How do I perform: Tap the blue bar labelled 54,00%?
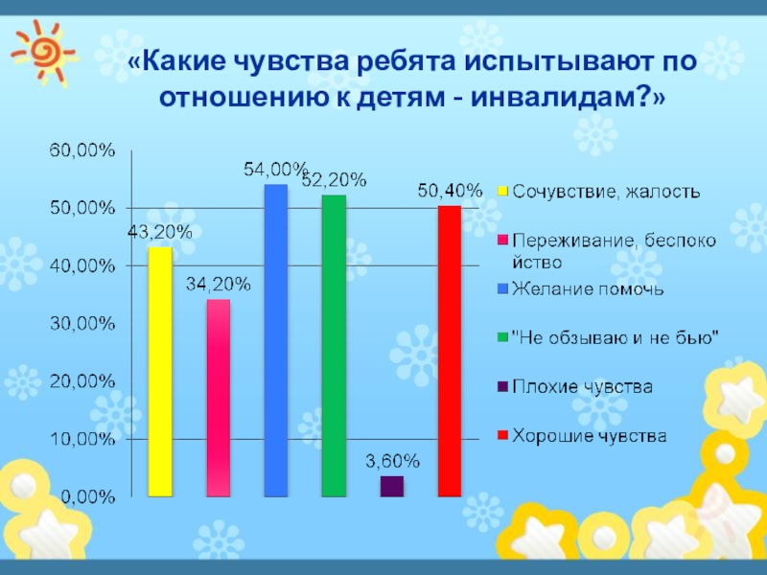(x=275, y=340)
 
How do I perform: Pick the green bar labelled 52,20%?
(x=334, y=345)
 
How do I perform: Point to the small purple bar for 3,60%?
(x=391, y=486)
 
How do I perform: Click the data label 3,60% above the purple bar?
(x=391, y=461)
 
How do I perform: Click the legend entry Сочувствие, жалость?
(x=604, y=191)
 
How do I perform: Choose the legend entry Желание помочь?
(x=588, y=287)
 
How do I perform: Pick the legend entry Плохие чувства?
(x=582, y=387)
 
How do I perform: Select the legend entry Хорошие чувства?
(x=589, y=436)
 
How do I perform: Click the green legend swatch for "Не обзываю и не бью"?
(x=501, y=337)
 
